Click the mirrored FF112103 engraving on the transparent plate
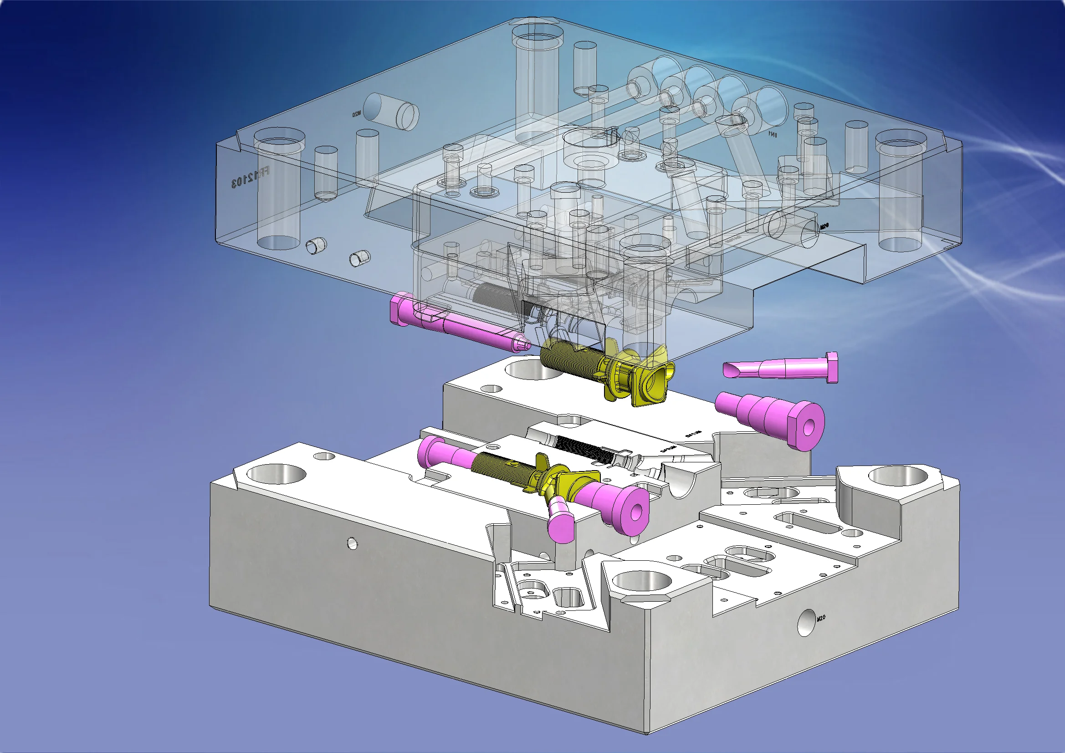251,178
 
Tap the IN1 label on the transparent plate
772,134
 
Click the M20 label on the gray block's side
821,618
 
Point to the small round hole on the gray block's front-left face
352,543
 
